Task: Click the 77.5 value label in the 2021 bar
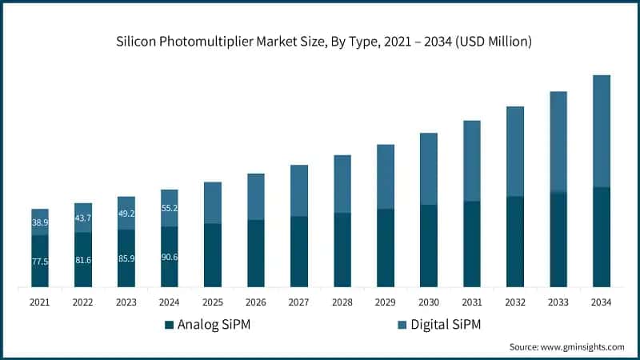coord(40,262)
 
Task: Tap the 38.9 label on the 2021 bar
coord(40,222)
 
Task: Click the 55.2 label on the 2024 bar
coord(170,208)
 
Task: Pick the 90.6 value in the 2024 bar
coord(170,258)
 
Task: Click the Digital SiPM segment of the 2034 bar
coord(602,131)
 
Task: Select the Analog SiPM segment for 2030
coord(429,246)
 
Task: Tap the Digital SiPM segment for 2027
coord(299,190)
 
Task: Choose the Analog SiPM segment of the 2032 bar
coord(515,242)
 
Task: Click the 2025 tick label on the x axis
coord(213,302)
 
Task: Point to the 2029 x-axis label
coord(386,302)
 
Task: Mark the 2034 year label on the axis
coord(602,302)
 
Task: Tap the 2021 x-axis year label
coord(40,302)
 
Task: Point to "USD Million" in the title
coord(493,42)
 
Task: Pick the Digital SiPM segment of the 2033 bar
coord(558,142)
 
